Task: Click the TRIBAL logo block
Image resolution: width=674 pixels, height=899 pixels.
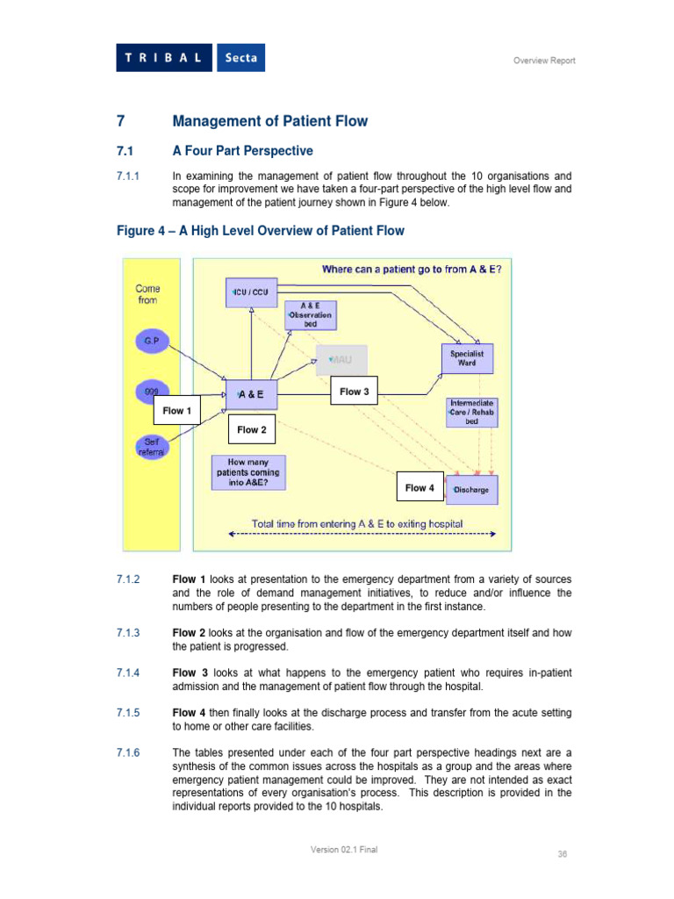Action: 164,58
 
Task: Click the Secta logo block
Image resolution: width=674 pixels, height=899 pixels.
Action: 240,58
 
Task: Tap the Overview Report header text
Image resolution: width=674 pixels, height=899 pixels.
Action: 544,61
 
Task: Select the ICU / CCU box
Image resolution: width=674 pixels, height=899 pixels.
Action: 250,291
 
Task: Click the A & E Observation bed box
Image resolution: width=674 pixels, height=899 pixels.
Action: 311,315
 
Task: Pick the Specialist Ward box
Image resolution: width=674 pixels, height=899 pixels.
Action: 467,358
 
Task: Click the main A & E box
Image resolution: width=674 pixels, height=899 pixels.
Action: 251,395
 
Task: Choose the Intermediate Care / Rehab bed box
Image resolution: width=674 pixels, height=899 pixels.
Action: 472,411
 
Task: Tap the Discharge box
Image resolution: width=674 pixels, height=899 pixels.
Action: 472,490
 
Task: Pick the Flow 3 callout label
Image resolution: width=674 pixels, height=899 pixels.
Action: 354,392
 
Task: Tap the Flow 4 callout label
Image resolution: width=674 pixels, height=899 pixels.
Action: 419,488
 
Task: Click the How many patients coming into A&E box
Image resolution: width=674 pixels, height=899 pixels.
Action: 249,472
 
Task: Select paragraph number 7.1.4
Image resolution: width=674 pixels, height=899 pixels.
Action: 128,672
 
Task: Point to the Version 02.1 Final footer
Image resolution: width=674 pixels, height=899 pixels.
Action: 344,849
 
